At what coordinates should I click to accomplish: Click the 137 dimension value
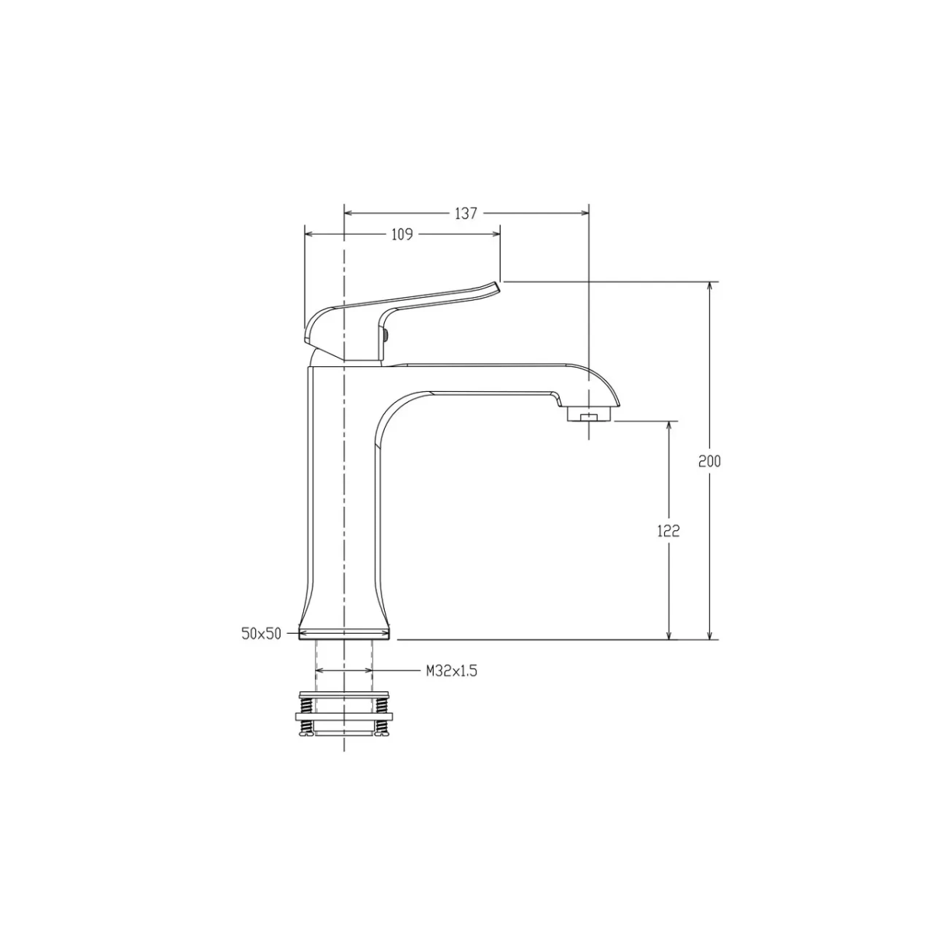click(x=465, y=214)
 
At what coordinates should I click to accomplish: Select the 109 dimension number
click(x=401, y=235)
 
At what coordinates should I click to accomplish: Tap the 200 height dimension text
click(x=709, y=461)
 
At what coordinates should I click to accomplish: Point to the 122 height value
click(x=668, y=531)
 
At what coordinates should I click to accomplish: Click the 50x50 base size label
click(x=261, y=634)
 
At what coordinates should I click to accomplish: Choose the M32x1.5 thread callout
click(x=451, y=670)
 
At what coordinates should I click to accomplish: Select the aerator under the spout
click(x=589, y=415)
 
